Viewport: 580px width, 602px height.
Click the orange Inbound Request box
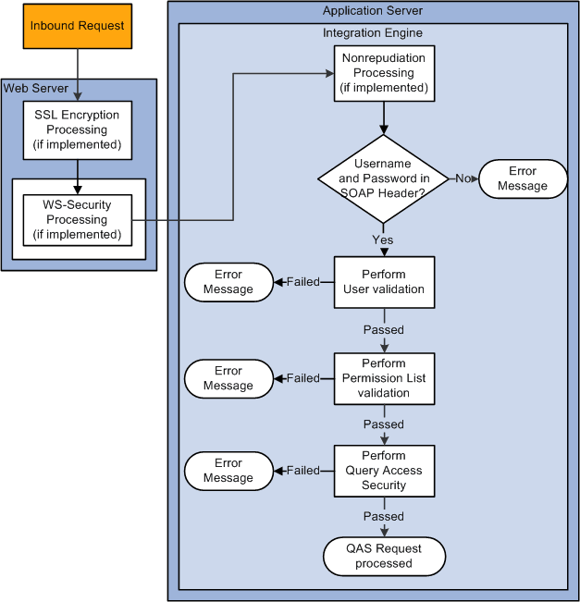coord(77,26)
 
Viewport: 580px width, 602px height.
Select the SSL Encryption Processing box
coord(77,130)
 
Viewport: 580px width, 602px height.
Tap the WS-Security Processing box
coord(77,220)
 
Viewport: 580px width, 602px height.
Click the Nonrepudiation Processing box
coord(384,74)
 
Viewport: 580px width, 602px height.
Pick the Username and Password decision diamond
coord(383,178)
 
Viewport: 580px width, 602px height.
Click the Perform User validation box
coord(384,282)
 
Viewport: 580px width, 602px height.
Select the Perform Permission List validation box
coord(384,378)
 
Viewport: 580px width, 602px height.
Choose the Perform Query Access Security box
coord(384,471)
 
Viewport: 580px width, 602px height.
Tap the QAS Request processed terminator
coord(384,556)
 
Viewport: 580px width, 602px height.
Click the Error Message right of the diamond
coord(522,178)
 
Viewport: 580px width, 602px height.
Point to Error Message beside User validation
coord(228,282)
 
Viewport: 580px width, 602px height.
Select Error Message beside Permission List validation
coord(228,378)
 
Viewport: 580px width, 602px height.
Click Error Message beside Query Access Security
coord(228,471)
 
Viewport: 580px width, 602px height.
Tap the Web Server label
coord(31,88)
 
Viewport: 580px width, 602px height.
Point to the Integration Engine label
coord(373,33)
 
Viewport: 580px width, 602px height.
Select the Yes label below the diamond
coord(383,240)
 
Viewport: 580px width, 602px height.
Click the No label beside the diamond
coord(460,178)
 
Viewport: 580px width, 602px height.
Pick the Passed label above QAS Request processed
coord(383,516)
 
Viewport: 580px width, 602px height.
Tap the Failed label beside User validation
coord(302,282)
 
